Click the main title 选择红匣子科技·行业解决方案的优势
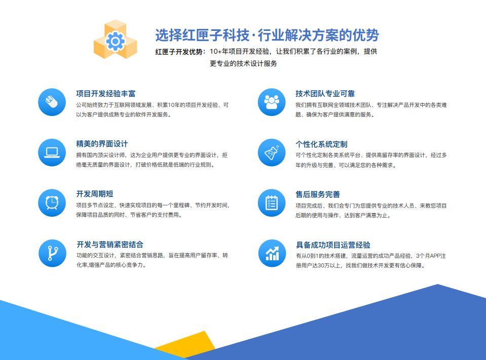pos(267,35)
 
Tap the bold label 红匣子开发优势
pos(180,52)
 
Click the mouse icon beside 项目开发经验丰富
pos(52,102)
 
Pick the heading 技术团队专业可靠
pos(325,94)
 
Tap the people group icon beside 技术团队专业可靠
pos(272,102)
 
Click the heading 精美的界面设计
pos(102,144)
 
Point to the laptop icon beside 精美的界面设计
pos(52,152)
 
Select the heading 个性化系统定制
pos(321,144)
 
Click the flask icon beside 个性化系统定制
pos(272,152)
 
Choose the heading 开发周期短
pos(94,194)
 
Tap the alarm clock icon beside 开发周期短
pos(52,202)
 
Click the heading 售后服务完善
pos(318,194)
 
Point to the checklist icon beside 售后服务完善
pos(272,202)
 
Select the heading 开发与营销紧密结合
pos(109,244)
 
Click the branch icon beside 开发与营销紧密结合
pos(52,252)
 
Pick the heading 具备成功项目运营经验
pos(332,244)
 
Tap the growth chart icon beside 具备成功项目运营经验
pos(272,252)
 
